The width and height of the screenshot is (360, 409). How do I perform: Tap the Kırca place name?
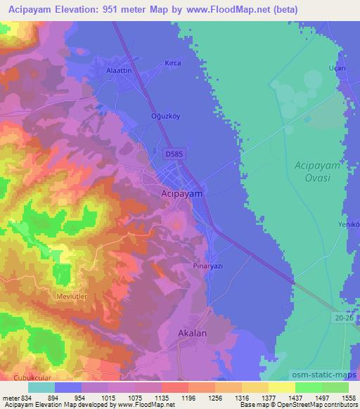[172, 63]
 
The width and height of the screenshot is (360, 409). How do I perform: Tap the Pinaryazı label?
[208, 267]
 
